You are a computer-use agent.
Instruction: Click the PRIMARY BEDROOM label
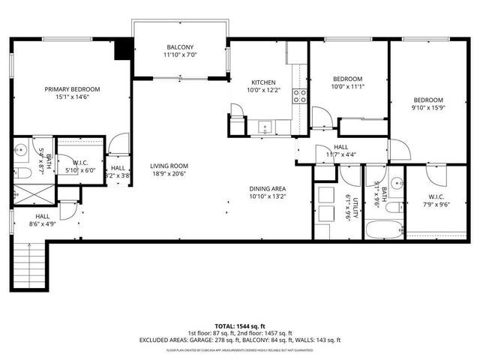(72, 89)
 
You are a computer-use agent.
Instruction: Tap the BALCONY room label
(179, 47)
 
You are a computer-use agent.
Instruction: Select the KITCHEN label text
(262, 82)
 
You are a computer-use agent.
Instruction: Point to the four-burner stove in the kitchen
(299, 94)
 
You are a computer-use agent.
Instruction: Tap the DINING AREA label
(268, 189)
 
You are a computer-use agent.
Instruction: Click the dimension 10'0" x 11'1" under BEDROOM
(347, 87)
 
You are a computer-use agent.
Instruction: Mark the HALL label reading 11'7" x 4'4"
(341, 151)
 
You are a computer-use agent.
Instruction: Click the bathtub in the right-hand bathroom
(383, 227)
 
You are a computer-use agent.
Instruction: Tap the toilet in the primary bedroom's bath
(23, 173)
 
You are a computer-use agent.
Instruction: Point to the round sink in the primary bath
(22, 148)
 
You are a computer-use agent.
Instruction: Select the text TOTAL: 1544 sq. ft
(239, 326)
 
